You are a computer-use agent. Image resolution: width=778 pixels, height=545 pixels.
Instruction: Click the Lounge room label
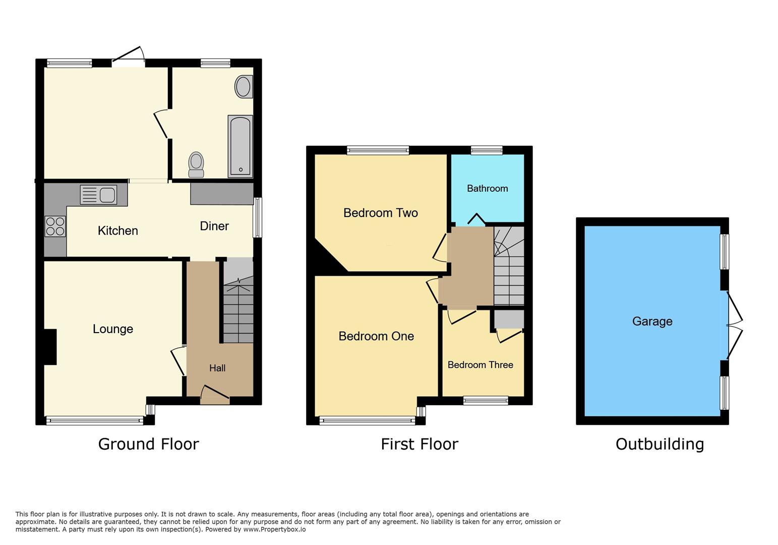coord(113,329)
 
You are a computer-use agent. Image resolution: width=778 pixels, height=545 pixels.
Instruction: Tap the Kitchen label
coord(117,231)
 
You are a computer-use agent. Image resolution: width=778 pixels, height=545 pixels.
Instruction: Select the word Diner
coord(214,226)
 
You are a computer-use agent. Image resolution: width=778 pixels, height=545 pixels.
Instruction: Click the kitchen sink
coord(99,195)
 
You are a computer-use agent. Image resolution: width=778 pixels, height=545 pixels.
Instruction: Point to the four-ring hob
coord(55,226)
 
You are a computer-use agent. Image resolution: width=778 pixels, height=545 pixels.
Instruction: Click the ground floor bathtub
coord(240,146)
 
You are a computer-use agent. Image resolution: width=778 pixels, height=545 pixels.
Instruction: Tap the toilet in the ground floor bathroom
coord(196,165)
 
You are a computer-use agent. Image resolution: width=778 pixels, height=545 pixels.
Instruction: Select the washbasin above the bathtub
coord(244,87)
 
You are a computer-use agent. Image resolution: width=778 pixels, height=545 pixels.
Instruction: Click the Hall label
coord(217,368)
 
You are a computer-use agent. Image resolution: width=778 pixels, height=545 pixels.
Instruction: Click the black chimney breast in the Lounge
coord(50,347)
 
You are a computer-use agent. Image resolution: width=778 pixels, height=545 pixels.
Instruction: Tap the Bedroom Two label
coord(381,213)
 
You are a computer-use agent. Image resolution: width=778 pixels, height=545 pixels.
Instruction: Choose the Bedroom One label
coord(376,336)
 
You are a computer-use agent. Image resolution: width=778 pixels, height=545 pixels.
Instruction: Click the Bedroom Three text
coord(480,365)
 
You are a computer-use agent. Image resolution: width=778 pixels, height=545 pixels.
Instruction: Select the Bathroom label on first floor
coord(487,189)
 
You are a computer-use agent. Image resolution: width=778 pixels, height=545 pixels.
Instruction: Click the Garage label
coord(652,321)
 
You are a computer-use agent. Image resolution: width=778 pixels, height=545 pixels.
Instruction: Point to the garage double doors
coord(734,325)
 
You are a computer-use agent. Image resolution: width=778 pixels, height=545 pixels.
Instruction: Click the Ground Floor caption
coord(148,444)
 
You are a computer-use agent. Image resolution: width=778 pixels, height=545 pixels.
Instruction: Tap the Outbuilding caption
coord(660,444)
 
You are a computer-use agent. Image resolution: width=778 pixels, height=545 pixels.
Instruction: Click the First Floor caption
coord(419,444)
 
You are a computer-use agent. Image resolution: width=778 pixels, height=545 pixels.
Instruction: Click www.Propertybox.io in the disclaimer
coord(274,529)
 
